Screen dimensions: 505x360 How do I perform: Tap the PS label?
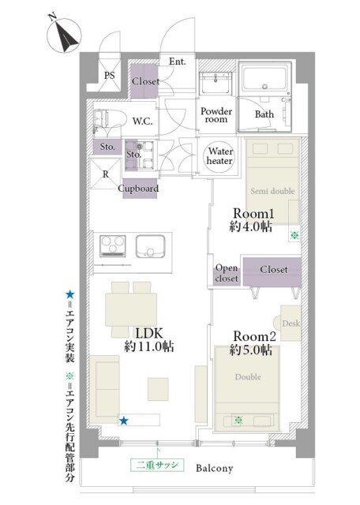[111, 76]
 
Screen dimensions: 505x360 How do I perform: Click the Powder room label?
[216, 115]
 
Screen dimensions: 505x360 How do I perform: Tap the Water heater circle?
[219, 155]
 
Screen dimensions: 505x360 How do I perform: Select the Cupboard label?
[139, 189]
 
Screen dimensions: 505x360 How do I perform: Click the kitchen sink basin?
[152, 247]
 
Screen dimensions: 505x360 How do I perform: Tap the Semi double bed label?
[272, 192]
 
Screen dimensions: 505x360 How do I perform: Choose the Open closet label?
[227, 272]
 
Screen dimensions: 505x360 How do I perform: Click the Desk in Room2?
[291, 324]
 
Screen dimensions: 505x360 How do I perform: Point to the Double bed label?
[248, 377]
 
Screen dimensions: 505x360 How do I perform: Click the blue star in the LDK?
[123, 421]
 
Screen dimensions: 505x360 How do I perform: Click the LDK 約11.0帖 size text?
[148, 346]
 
